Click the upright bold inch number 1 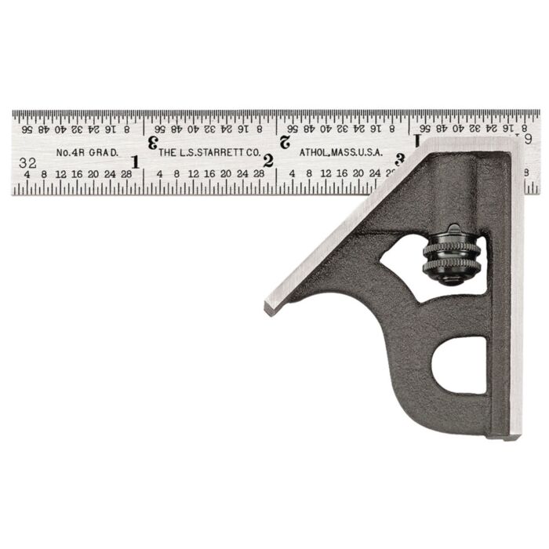(x=135, y=162)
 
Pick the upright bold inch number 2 (x=268, y=162)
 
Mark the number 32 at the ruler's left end (x=29, y=162)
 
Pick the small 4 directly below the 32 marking (x=27, y=174)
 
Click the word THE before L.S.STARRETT (x=167, y=153)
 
